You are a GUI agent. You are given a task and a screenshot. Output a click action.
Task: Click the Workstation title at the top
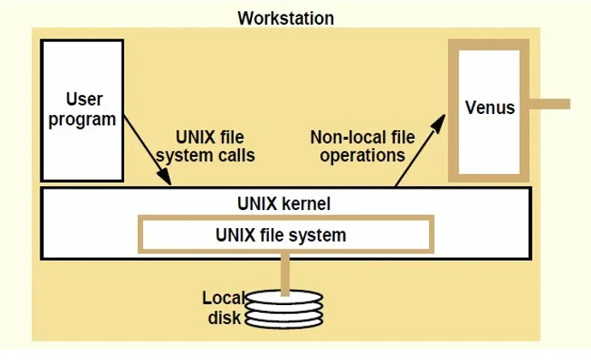coord(286,18)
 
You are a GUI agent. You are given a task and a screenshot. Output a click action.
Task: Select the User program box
coord(82,111)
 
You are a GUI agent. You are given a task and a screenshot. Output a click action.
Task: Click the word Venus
coord(490,107)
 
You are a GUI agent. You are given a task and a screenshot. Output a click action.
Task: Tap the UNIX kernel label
coord(284,204)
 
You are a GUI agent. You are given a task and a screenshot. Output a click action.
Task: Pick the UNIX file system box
coord(286,234)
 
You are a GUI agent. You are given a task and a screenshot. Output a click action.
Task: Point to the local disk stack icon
coord(284,309)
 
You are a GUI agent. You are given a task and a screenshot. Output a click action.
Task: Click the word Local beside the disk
coord(224,298)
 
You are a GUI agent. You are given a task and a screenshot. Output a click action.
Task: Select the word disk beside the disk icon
coord(224,317)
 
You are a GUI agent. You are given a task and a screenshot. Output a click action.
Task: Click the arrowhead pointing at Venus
coord(439,123)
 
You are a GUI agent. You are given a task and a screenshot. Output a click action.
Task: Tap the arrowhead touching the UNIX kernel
coord(164,177)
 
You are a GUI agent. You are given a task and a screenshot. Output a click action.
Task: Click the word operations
coord(362,155)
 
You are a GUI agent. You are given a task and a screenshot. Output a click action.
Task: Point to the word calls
coord(239,155)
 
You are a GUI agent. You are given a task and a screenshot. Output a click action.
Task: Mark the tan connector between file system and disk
coord(285,274)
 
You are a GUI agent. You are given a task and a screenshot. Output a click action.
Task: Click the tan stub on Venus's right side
coord(549,104)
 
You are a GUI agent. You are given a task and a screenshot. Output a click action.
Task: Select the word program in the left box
coord(82,120)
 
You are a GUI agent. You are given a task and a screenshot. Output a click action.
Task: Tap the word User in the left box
coord(84,99)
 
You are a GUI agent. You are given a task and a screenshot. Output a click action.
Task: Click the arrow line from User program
coord(147,150)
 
